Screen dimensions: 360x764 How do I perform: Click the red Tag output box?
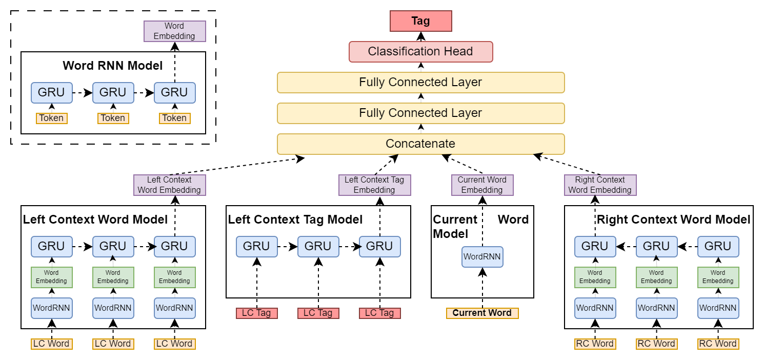420,21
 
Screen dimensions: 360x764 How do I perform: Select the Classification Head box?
420,52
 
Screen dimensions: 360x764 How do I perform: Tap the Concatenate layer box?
420,144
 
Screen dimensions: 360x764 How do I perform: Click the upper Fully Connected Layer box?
420,83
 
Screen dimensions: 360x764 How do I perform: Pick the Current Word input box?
482,313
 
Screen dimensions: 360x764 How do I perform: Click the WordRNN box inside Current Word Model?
482,256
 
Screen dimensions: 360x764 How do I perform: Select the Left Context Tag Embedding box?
374,185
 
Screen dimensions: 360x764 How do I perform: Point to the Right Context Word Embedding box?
600,185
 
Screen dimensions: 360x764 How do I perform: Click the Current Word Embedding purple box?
482,185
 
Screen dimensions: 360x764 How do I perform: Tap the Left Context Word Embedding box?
169,185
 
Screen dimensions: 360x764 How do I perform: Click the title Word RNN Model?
112,66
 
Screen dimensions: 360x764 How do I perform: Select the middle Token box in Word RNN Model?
113,118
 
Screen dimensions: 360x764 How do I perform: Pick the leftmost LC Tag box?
256,313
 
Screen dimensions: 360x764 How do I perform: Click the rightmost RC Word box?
718,344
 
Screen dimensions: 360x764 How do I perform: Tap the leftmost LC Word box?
51,344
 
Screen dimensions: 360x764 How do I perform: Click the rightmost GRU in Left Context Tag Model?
379,246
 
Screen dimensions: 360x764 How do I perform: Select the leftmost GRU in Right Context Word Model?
595,246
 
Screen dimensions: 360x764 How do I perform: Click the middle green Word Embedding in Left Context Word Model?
113,277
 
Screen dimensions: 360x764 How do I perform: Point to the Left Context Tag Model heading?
295,219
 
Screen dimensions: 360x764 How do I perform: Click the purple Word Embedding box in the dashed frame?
174,31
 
